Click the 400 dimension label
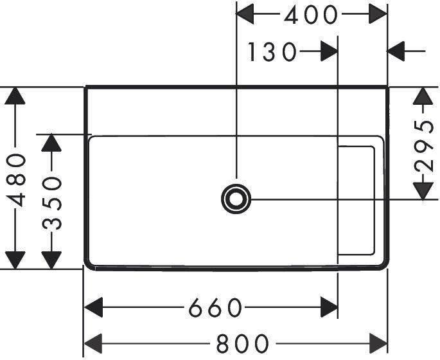(x=310, y=15)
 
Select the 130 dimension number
(x=272, y=51)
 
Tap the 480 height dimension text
(x=16, y=180)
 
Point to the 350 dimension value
(x=51, y=203)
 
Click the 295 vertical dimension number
(x=423, y=146)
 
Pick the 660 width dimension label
(x=215, y=308)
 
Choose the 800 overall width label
(x=242, y=343)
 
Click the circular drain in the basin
(x=236, y=199)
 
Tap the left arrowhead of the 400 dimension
(x=245, y=14)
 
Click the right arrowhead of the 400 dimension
(x=378, y=14)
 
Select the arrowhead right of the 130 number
(x=329, y=51)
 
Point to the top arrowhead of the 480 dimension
(x=15, y=96)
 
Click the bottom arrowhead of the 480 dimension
(x=15, y=260)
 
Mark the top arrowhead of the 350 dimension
(x=51, y=143)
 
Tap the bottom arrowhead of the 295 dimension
(x=423, y=191)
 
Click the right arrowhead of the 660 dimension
(x=329, y=307)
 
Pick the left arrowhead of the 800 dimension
(x=93, y=343)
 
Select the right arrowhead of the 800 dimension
(x=378, y=343)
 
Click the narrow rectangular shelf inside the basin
(x=374, y=201)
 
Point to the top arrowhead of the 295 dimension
(x=423, y=96)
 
